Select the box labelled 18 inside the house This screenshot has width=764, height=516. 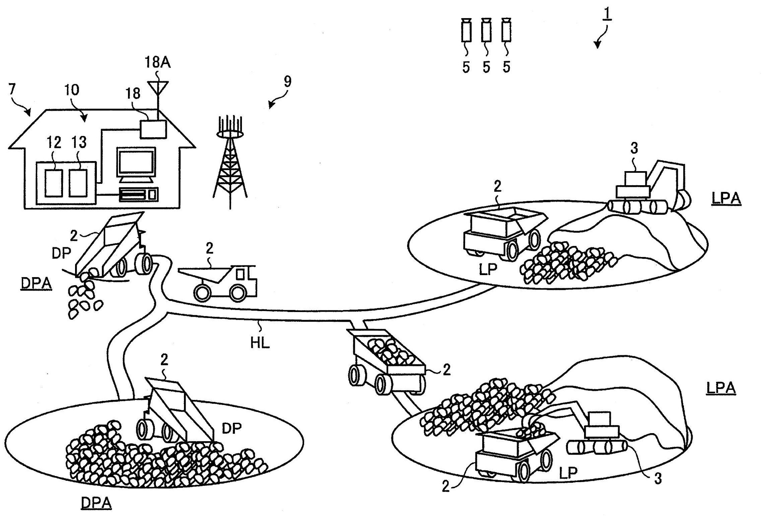click(x=153, y=129)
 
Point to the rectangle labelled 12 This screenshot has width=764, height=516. click(x=54, y=183)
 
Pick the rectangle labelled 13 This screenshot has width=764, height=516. click(x=78, y=183)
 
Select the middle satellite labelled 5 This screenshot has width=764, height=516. click(x=486, y=31)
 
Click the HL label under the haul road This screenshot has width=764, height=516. click(x=260, y=343)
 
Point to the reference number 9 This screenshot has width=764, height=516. click(x=288, y=82)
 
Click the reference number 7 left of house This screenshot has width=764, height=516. click(x=12, y=89)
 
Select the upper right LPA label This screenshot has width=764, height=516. click(x=726, y=198)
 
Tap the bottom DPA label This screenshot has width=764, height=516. click(x=96, y=503)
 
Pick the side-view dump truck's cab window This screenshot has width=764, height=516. click(x=240, y=274)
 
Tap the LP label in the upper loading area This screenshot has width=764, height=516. click(x=488, y=269)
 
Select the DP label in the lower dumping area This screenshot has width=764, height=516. click(x=232, y=428)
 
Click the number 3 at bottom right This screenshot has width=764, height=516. click(x=658, y=479)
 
